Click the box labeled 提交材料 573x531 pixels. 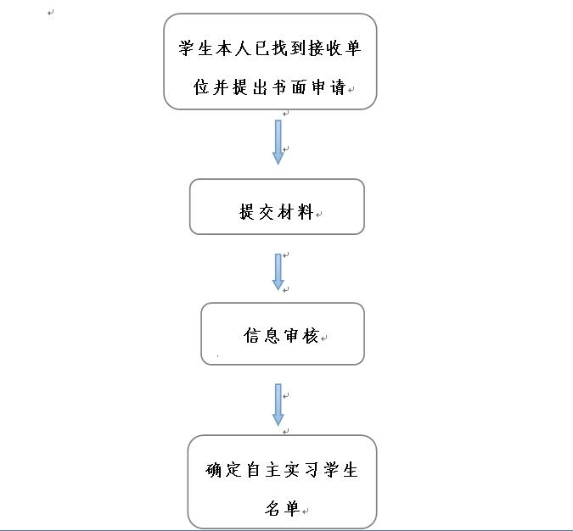pyautogui.click(x=277, y=207)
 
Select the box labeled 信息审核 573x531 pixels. pyautogui.click(x=283, y=333)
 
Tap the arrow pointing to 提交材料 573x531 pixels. pyautogui.click(x=278, y=142)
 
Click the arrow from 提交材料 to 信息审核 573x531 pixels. pyautogui.click(x=278, y=272)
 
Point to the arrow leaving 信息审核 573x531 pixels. pyautogui.click(x=278, y=405)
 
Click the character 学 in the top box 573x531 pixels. pyautogui.click(x=186, y=48)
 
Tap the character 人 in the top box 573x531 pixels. pyautogui.click(x=243, y=48)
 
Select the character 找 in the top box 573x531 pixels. pyautogui.click(x=279, y=48)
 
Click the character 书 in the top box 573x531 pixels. pyautogui.click(x=279, y=87)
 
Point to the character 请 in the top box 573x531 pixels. pyautogui.click(x=338, y=87)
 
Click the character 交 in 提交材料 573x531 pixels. pyautogui.click(x=266, y=212)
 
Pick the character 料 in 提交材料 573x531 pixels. pyautogui.click(x=306, y=212)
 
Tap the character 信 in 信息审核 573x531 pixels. pyautogui.click(x=251, y=336)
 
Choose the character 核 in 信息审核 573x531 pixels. pyautogui.click(x=311, y=336)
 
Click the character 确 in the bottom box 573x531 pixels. pyautogui.click(x=214, y=470)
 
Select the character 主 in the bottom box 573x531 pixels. pyautogui.click(x=272, y=470)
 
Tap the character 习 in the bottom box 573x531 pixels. pyautogui.click(x=312, y=470)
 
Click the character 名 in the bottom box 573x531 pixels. pyautogui.click(x=272, y=508)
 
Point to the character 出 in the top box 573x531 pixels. pyautogui.click(x=260, y=87)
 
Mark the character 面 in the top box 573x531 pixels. pyautogui.click(x=299, y=87)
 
